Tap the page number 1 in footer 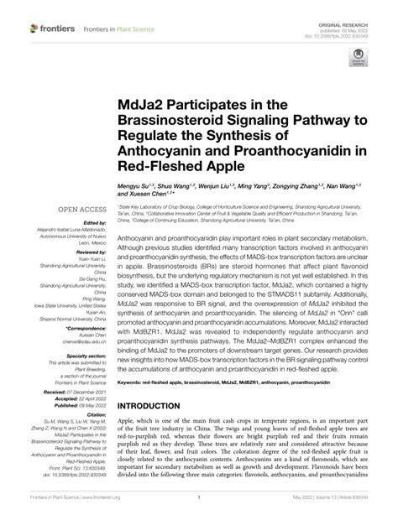pyautogui.click(x=198, y=508)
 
